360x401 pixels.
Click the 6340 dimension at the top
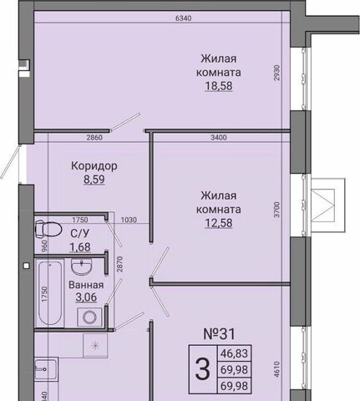tap(184, 18)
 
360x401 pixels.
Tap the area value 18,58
tap(219, 86)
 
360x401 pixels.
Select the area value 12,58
tap(219, 223)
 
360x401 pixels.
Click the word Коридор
tap(94, 166)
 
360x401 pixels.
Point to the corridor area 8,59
tap(94, 180)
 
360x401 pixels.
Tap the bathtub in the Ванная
tap(50, 293)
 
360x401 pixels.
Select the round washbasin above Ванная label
tap(81, 266)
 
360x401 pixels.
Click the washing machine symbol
tap(89, 317)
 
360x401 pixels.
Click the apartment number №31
tap(220, 334)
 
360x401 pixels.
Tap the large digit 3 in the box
tap(202, 369)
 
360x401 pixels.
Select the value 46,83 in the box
tap(234, 353)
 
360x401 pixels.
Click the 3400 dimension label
tap(219, 137)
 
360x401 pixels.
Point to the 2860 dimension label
tap(94, 137)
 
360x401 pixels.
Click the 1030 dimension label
tap(129, 220)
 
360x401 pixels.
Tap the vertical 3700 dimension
tap(276, 210)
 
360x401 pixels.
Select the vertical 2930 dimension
tap(276, 73)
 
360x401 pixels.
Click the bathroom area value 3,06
tap(86, 297)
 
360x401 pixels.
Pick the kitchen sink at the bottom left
tap(46, 369)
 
